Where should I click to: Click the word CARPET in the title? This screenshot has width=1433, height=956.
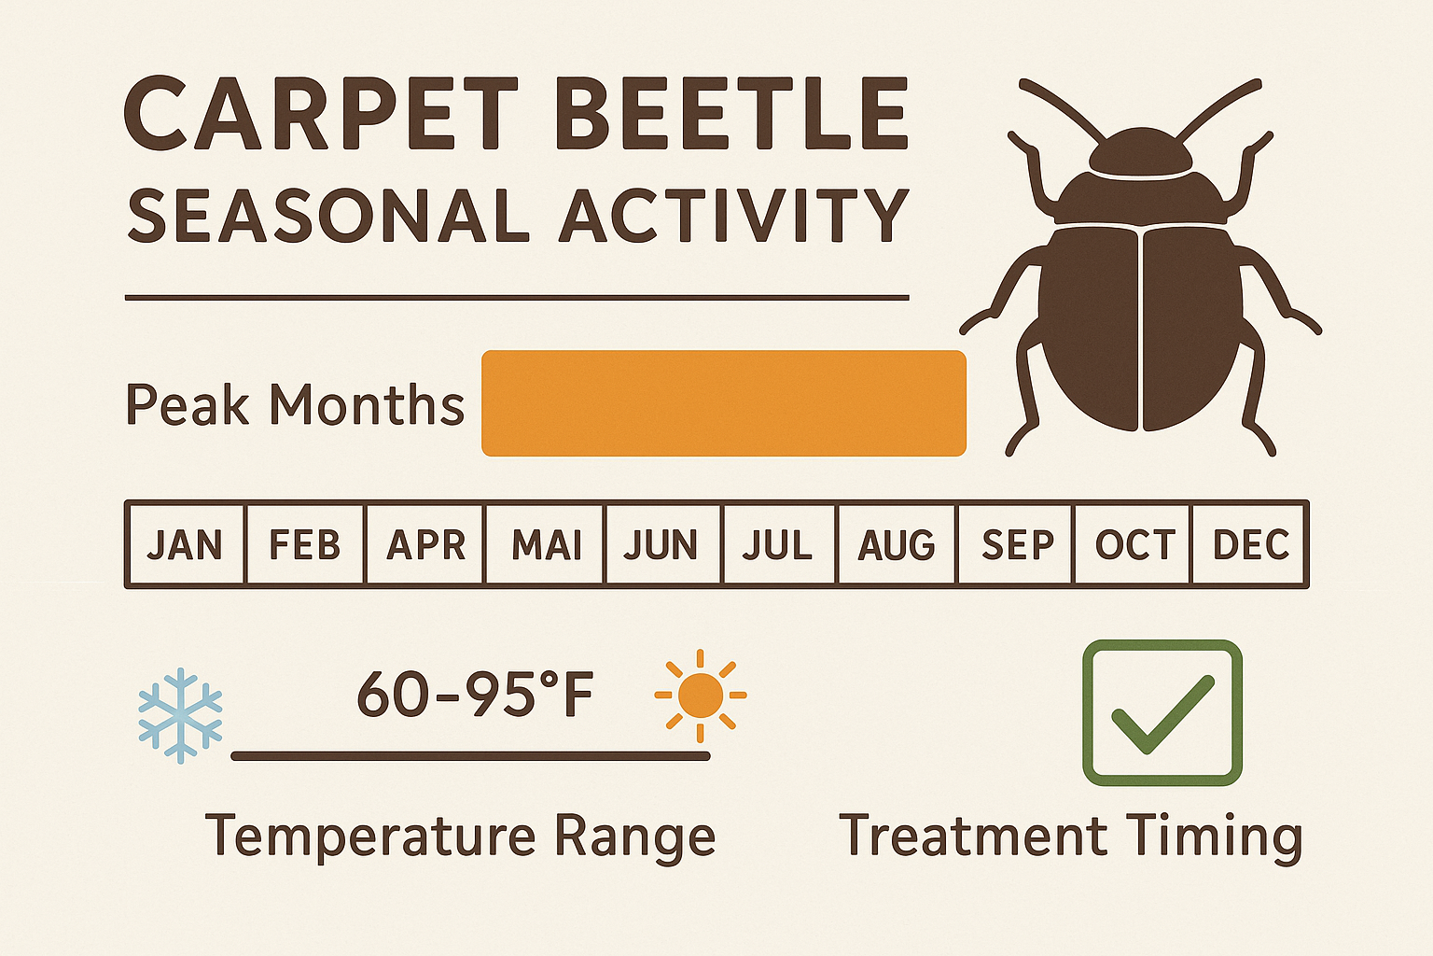(x=321, y=114)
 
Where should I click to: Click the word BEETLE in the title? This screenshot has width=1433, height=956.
(x=730, y=114)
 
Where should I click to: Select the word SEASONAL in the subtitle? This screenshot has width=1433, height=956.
(x=329, y=217)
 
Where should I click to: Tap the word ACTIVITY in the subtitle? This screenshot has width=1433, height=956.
(x=733, y=217)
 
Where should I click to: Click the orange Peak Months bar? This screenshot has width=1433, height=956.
(x=723, y=403)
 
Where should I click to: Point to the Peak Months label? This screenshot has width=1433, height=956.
(x=295, y=405)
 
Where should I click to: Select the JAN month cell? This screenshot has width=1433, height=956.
(x=185, y=544)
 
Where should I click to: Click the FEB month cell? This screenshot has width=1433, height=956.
(x=304, y=544)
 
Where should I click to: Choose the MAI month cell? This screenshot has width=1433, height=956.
(x=546, y=544)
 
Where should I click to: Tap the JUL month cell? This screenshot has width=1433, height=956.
(x=777, y=544)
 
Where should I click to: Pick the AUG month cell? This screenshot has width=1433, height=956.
(x=897, y=544)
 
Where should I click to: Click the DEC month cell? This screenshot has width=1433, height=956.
(x=1250, y=544)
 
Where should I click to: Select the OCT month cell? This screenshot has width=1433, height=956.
(x=1134, y=544)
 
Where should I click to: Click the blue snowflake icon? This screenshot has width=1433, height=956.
(x=180, y=715)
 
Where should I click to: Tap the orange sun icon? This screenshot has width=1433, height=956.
(x=701, y=696)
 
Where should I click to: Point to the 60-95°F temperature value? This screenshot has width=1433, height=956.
(x=475, y=696)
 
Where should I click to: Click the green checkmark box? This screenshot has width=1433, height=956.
(x=1162, y=712)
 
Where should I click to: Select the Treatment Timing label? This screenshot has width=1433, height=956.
(x=1070, y=836)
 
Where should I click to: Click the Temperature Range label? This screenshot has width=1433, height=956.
(x=460, y=836)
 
